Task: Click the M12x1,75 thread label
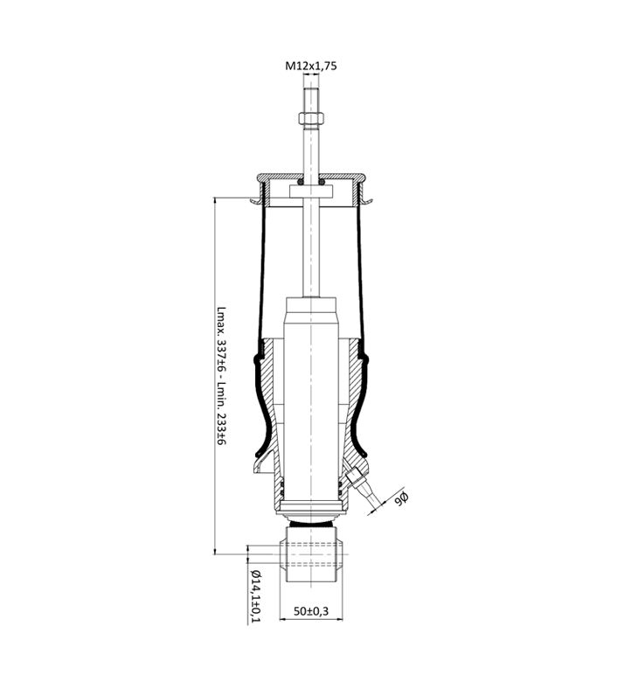coord(311,66)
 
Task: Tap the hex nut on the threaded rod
coord(311,117)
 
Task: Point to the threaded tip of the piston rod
coord(311,100)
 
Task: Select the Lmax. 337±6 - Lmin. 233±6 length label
coord(222,376)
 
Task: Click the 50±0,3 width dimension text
coord(311,611)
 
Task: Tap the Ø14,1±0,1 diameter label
coord(255,596)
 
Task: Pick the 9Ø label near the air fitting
coord(400,498)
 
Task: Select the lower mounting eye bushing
coord(311,554)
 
